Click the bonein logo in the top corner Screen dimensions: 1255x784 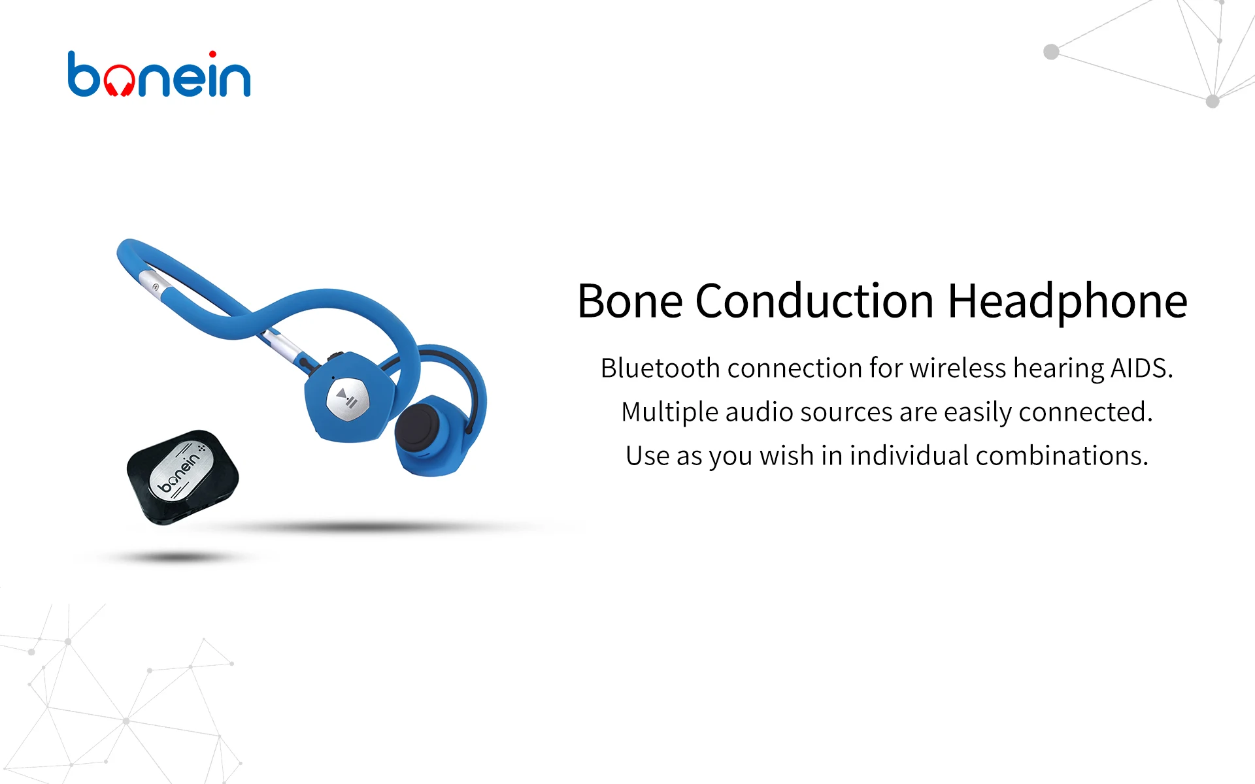click(x=159, y=73)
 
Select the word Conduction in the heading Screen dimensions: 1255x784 click(x=814, y=301)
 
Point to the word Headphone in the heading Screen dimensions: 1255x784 click(x=1067, y=302)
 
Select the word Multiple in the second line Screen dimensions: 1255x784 click(x=669, y=412)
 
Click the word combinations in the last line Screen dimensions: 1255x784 click(x=1062, y=455)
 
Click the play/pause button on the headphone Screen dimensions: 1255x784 click(x=347, y=398)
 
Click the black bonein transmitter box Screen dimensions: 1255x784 click(x=183, y=477)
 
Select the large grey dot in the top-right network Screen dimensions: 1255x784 click(x=1051, y=52)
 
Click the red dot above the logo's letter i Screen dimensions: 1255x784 click(x=212, y=54)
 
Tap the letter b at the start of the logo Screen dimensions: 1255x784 click(x=84, y=74)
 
